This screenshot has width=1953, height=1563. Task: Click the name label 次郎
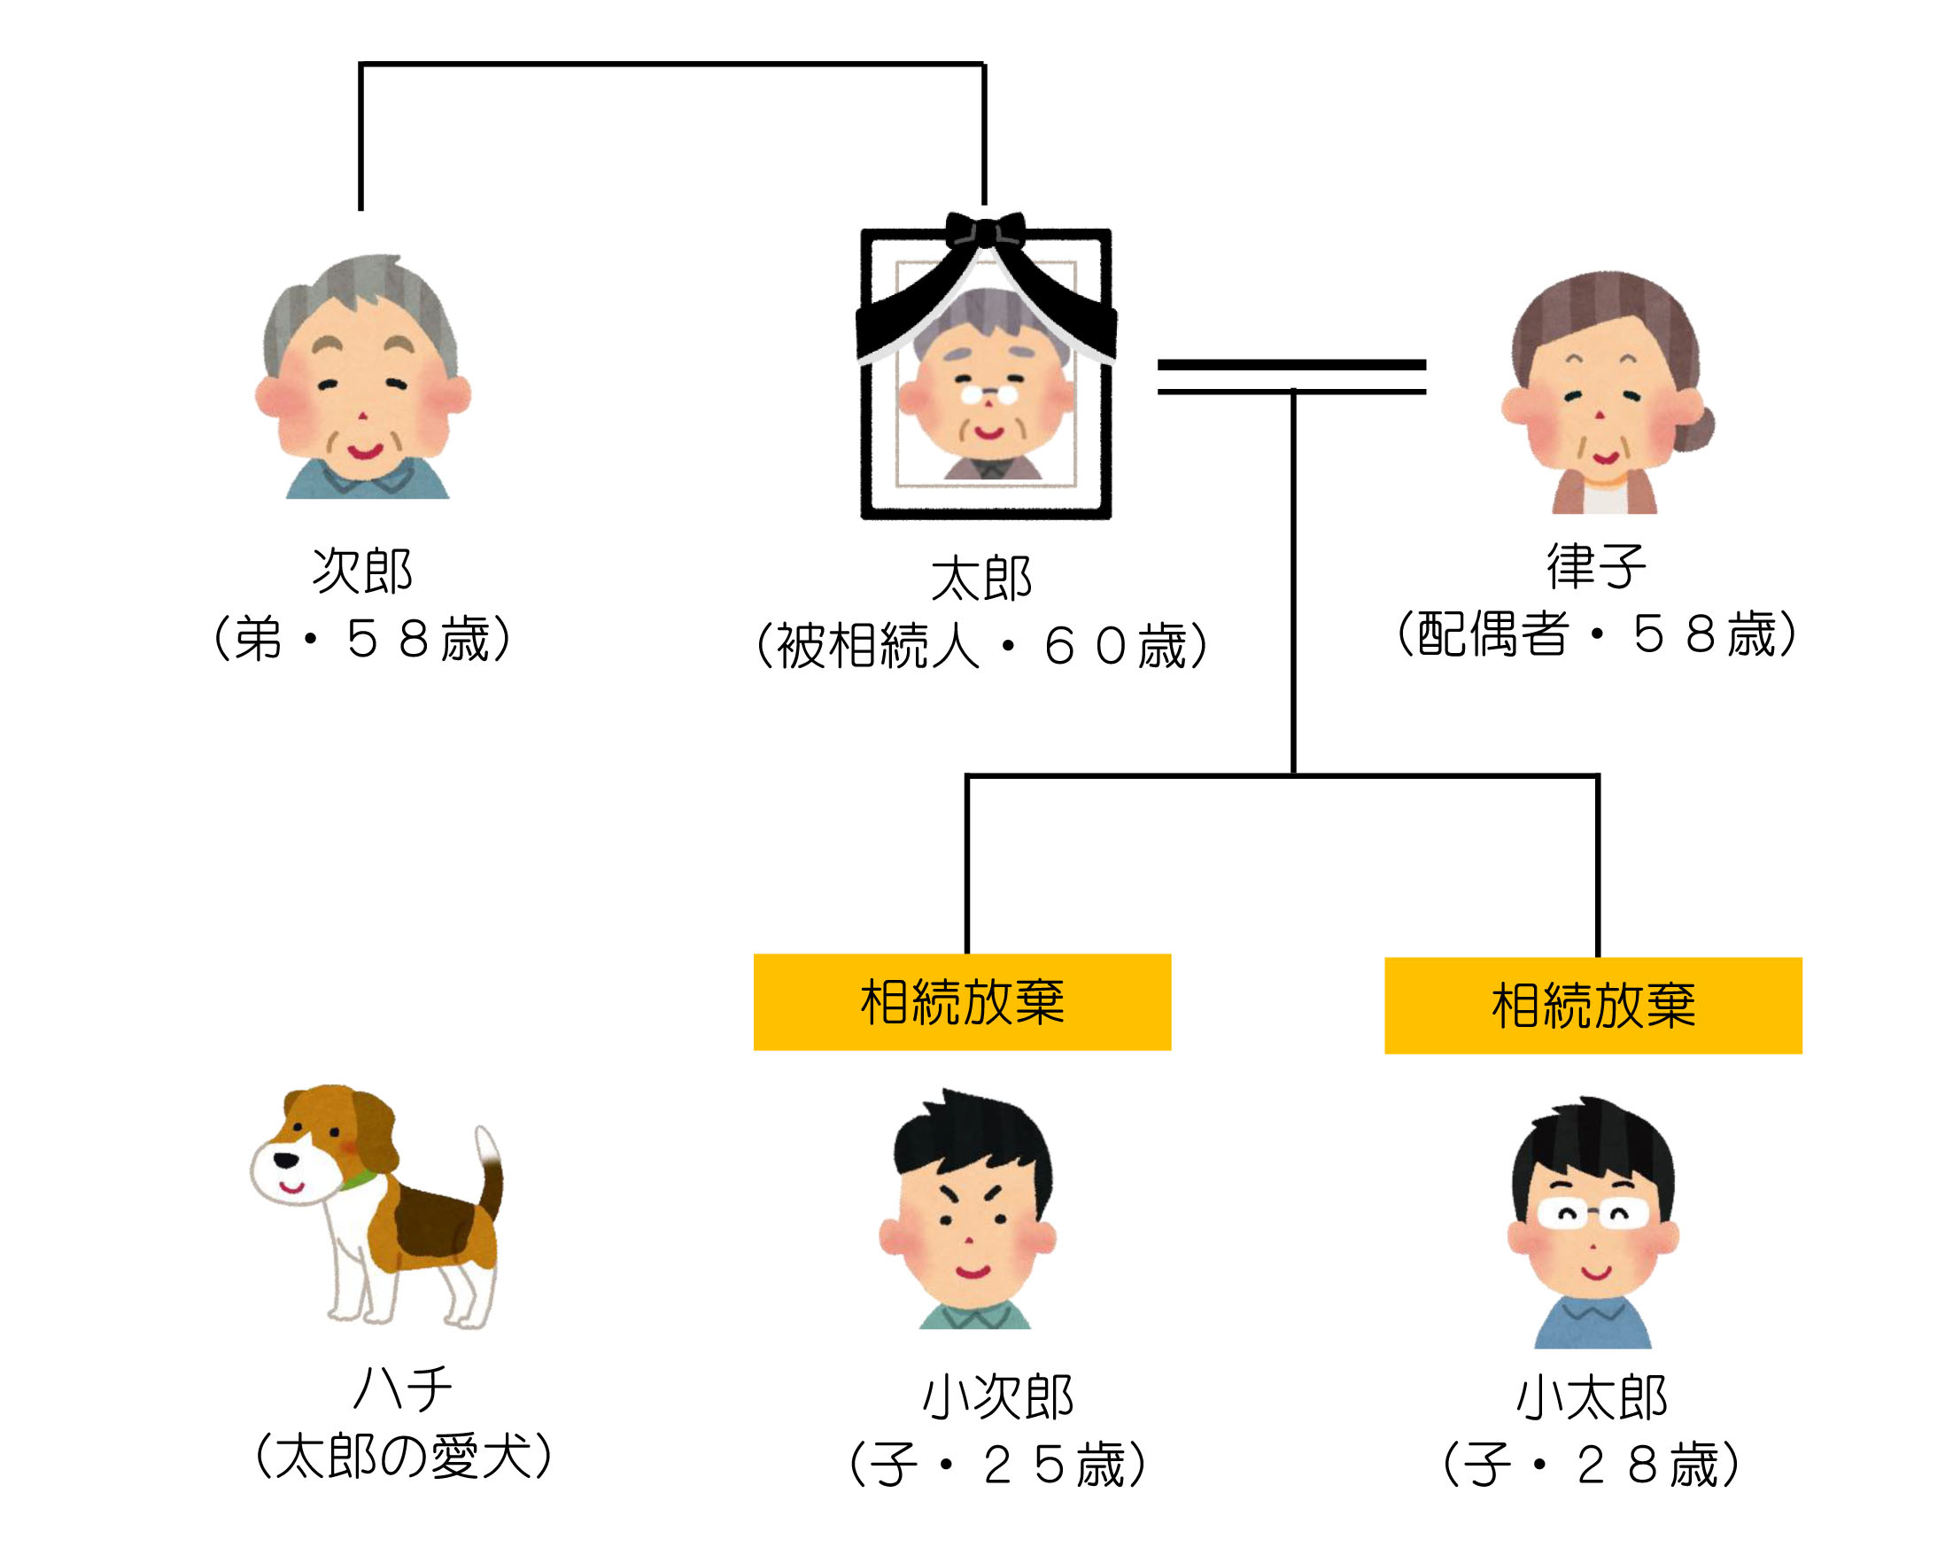click(x=362, y=570)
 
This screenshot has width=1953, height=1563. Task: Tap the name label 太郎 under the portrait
click(x=982, y=578)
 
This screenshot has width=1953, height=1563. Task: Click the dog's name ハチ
click(x=402, y=1388)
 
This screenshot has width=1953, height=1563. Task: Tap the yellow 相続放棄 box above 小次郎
click(x=962, y=1002)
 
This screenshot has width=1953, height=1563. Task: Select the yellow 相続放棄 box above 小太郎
click(x=1593, y=1006)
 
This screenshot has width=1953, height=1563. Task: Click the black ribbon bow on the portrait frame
click(x=986, y=231)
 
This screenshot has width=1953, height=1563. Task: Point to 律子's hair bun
click(x=1693, y=429)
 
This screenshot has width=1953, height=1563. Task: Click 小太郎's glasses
click(x=1593, y=1213)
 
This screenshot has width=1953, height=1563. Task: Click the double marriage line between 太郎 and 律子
click(x=1291, y=377)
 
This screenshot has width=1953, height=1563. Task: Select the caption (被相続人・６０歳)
click(x=982, y=646)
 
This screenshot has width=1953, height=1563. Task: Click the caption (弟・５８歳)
click(x=362, y=638)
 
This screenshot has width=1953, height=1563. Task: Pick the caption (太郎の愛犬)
click(x=404, y=1456)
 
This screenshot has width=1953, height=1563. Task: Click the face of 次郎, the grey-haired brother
click(x=362, y=394)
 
